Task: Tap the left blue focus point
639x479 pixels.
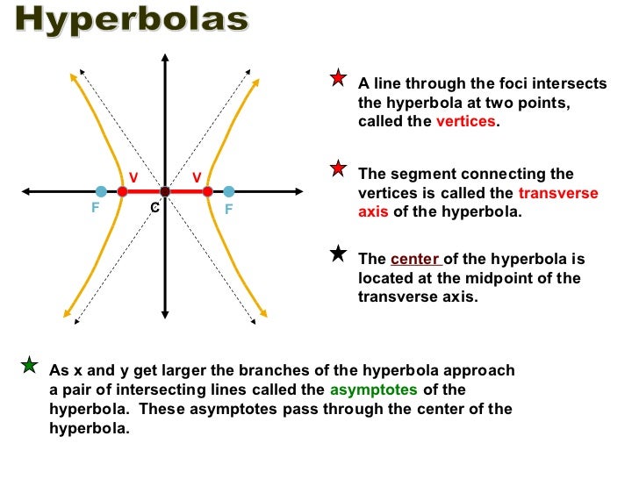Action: click(102, 191)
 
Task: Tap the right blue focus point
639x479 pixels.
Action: click(228, 191)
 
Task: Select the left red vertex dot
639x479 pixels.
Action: click(122, 191)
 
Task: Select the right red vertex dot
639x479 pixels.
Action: click(207, 191)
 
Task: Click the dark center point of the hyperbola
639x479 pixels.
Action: click(165, 191)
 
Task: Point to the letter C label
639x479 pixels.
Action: click(154, 208)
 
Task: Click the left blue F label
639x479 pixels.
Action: click(95, 210)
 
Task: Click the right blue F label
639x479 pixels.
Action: click(228, 210)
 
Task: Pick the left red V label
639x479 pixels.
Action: click(133, 177)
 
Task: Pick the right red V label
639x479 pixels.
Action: click(197, 177)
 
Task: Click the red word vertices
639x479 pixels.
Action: click(465, 122)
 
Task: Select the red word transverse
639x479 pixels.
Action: click(558, 194)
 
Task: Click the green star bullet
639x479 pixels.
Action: click(30, 365)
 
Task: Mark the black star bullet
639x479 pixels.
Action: click(339, 254)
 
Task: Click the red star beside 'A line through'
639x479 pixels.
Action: click(339, 80)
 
